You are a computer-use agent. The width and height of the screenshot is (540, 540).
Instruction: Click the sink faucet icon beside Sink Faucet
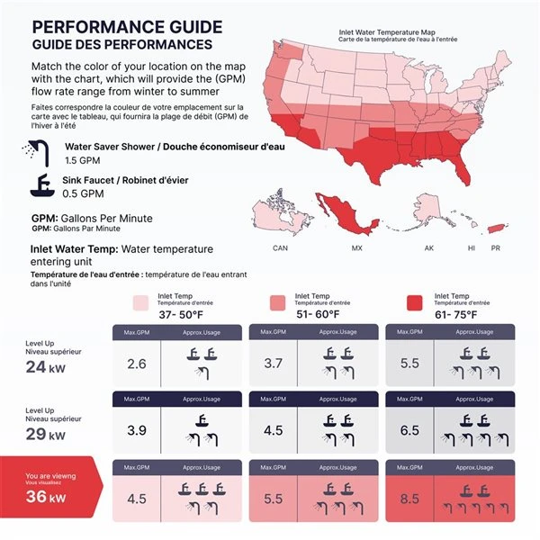coord(41,185)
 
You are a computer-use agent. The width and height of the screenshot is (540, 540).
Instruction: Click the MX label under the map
coord(356,247)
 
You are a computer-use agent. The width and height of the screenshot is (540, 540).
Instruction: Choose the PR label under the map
coord(495,247)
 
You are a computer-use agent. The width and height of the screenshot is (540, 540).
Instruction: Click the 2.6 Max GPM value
coord(137,364)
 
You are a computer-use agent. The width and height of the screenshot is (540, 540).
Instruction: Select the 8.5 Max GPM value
coord(410,499)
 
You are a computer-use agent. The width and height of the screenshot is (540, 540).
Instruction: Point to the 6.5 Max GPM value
coord(410,430)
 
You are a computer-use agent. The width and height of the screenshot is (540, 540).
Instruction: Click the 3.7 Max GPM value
coord(274,364)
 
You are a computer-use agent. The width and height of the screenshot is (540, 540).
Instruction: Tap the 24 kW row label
coord(45,366)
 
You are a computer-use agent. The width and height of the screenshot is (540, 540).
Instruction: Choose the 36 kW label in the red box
coord(45,498)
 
